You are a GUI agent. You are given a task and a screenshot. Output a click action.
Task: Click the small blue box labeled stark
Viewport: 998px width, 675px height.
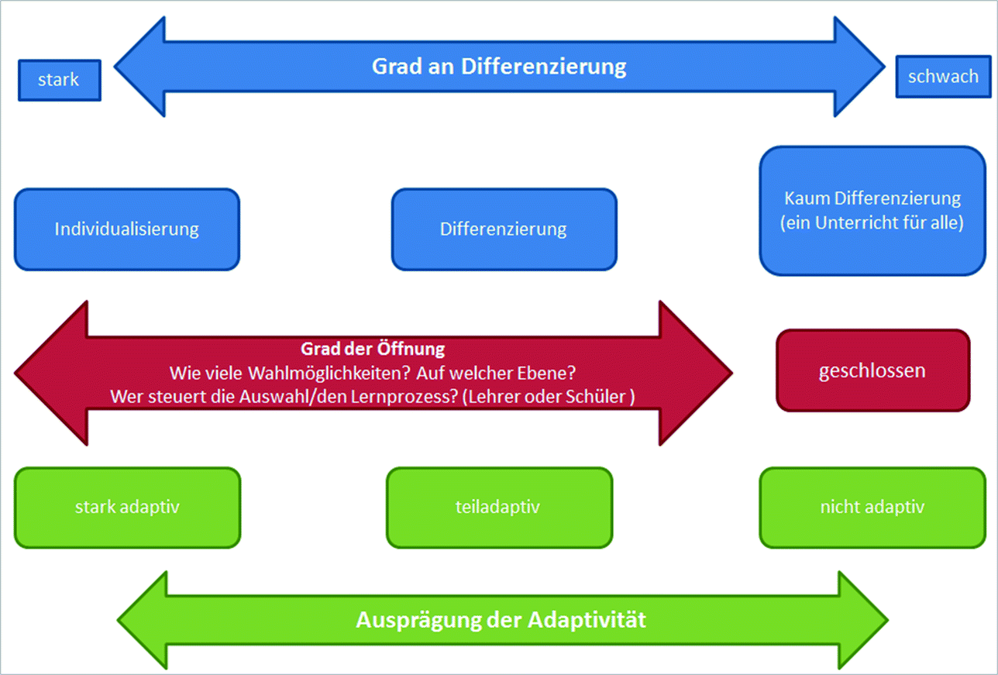[x=59, y=80]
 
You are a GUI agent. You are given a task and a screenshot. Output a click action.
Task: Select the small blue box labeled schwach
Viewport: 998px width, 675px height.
[x=942, y=77]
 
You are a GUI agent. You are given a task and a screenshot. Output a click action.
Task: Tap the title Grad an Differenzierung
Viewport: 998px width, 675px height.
[x=499, y=67]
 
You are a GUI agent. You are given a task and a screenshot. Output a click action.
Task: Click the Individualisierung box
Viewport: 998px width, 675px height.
[x=127, y=229]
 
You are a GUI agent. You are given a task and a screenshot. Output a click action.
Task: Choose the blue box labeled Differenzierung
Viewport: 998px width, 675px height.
[x=504, y=229]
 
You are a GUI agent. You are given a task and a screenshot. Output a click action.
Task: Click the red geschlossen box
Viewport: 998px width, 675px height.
[x=872, y=370]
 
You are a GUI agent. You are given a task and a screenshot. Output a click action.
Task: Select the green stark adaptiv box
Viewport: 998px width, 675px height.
[x=127, y=508]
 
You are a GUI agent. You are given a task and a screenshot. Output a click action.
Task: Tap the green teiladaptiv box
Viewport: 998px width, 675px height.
[x=499, y=508]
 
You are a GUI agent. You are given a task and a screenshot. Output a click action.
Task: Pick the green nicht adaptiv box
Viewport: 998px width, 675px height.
[x=872, y=508]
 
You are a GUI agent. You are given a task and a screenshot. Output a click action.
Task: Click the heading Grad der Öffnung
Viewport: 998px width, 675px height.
[x=373, y=350]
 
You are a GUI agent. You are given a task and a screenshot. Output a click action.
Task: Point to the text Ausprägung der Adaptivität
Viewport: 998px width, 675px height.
[x=501, y=621]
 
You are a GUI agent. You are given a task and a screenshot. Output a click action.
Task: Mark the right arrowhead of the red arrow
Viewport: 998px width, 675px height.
[x=694, y=374]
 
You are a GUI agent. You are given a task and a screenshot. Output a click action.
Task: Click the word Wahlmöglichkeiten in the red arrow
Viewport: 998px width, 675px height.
[x=330, y=373]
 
